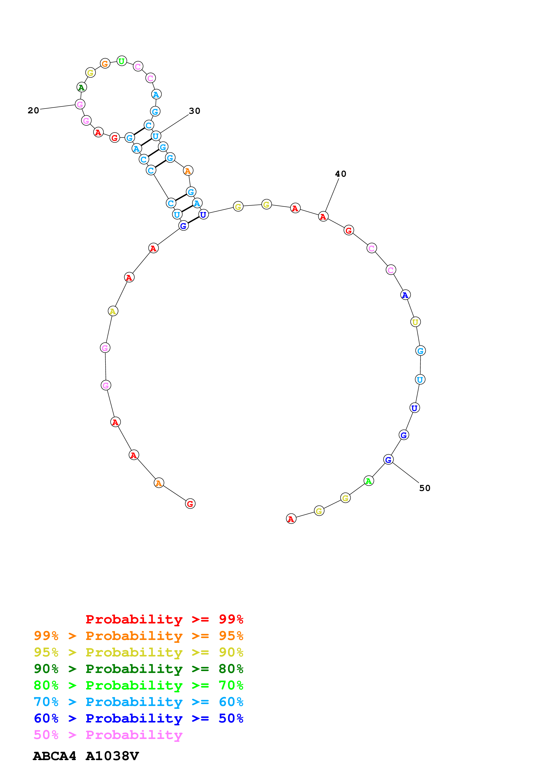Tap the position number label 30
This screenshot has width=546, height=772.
[x=194, y=111]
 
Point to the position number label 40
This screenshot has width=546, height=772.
[x=341, y=174]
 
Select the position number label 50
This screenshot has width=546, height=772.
[x=425, y=488]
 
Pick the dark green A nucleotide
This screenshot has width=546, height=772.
[x=81, y=87]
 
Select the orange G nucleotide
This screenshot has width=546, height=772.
[x=105, y=63]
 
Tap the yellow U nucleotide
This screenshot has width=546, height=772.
[x=415, y=322]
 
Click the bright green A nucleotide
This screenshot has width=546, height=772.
[x=369, y=481]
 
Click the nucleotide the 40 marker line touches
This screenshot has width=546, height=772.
[x=323, y=217]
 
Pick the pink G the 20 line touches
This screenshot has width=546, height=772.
[x=80, y=104]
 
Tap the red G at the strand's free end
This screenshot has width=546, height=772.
[x=190, y=504]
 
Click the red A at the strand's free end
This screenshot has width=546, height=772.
[x=291, y=519]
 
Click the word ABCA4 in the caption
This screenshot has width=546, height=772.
[x=54, y=756]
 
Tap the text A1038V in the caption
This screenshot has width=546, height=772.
[x=112, y=756]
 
